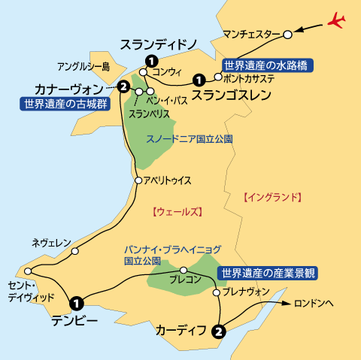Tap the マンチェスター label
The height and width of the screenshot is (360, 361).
(x=252, y=34)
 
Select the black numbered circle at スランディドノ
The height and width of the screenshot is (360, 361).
(x=151, y=60)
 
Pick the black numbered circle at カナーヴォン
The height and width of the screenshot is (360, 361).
(x=123, y=87)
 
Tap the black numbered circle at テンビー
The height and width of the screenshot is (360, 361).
(x=76, y=303)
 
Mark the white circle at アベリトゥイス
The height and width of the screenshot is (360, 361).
(x=138, y=180)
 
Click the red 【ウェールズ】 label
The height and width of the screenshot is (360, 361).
(x=177, y=212)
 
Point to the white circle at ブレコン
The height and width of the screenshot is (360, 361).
(x=183, y=271)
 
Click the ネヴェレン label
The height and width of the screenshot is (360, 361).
(x=51, y=243)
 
